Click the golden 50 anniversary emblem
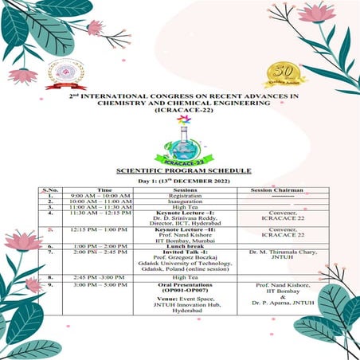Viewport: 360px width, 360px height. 282,74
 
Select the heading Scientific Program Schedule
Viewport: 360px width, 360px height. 180,170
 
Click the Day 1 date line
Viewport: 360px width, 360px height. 181,182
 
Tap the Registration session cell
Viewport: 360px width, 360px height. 180,196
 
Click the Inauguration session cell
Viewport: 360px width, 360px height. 180,202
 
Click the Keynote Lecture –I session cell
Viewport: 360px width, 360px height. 180,213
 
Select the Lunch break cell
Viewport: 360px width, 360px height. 180,247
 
